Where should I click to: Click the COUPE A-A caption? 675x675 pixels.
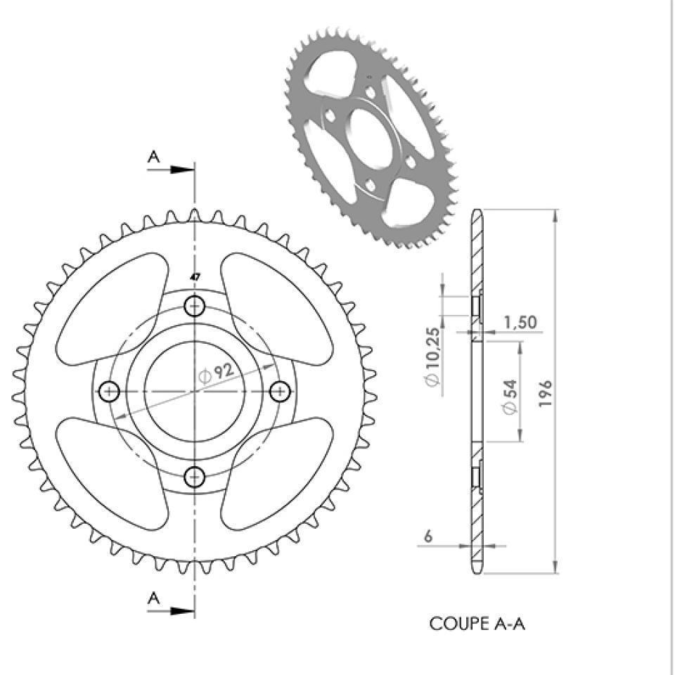point(477,624)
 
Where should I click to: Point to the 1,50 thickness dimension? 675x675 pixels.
point(520,322)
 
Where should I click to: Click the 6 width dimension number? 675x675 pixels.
point(428,536)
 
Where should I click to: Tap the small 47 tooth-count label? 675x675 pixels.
point(195,277)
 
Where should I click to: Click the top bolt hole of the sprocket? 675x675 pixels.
point(195,307)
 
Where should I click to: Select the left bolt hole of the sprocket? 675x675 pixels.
point(110,392)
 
